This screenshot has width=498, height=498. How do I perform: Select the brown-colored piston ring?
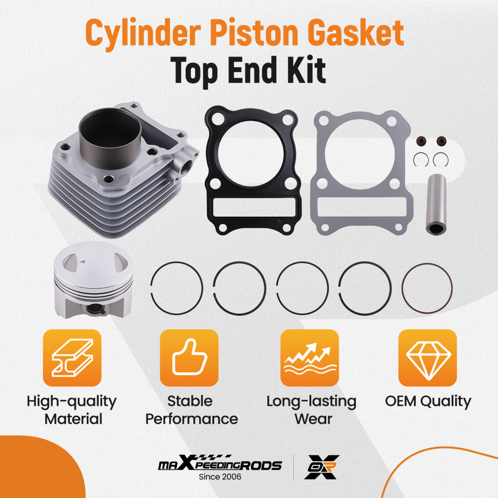(x=427, y=289)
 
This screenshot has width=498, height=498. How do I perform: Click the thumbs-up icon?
(x=189, y=358)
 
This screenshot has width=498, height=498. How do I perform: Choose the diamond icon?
(x=428, y=358)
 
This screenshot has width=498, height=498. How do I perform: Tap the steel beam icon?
(x=72, y=358)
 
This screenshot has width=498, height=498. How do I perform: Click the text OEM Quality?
(x=428, y=401)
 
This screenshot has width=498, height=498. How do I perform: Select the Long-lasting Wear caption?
(x=311, y=409)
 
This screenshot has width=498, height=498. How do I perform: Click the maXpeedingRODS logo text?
(x=220, y=466)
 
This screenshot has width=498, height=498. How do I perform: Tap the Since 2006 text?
(x=220, y=477)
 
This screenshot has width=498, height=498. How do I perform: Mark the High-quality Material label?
(x=72, y=409)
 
